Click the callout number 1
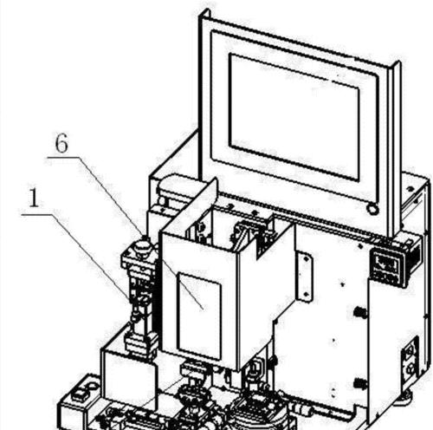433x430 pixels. click(34, 198)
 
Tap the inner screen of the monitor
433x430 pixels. click(294, 117)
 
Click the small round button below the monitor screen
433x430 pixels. click(372, 209)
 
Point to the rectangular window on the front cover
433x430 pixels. click(200, 316)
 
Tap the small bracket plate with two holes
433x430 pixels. click(304, 277)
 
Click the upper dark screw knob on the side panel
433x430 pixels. click(359, 312)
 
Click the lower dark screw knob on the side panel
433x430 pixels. click(359, 384)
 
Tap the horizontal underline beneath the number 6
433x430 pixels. click(63, 157)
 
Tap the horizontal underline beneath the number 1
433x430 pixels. click(37, 214)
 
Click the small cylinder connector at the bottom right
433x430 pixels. click(303, 408)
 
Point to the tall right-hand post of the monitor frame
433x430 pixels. click(394, 150)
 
